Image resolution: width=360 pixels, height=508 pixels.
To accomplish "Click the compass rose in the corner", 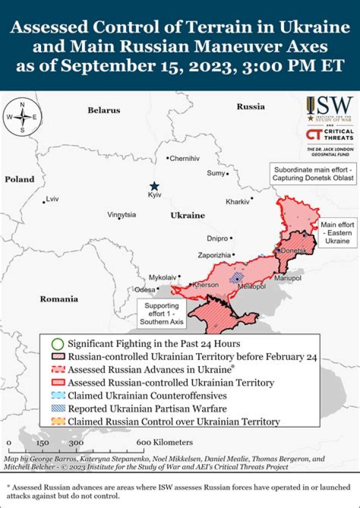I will pyautogui.click(x=22, y=117).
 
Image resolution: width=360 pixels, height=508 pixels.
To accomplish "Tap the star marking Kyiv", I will pyautogui.click(x=155, y=185).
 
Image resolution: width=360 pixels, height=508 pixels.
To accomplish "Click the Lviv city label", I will pyautogui.click(x=52, y=199).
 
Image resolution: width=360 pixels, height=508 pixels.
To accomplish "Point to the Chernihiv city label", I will pyautogui.click(x=184, y=158).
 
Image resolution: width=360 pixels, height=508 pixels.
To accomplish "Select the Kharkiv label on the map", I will pyautogui.click(x=237, y=202).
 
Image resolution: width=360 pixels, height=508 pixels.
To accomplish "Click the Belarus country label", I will pyautogui.click(x=104, y=110).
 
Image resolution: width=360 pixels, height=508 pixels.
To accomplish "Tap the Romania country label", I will pyautogui.click(x=59, y=299).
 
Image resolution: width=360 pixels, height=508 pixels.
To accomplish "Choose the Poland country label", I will pyautogui.click(x=20, y=179).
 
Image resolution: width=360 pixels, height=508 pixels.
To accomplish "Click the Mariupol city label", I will pyautogui.click(x=287, y=277).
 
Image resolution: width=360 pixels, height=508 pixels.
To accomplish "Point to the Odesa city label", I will pyautogui.click(x=145, y=289).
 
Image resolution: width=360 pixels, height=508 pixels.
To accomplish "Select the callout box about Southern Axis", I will pyautogui.click(x=161, y=313).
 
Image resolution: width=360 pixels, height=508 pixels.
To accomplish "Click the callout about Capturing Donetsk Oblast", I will pyautogui.click(x=313, y=173).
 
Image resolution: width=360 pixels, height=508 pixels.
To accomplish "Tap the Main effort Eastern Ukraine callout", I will pyautogui.click(x=337, y=233).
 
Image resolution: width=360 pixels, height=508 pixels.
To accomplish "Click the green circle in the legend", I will pyautogui.click(x=58, y=344).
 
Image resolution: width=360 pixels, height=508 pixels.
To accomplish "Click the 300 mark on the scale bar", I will pyautogui.click(x=76, y=442).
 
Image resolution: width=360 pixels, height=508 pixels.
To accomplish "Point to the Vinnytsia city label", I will pyautogui.click(x=121, y=214).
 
